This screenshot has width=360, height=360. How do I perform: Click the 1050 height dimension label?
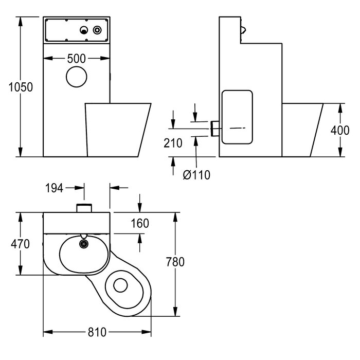coord(21,87)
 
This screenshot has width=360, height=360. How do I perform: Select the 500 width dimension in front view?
coord(76,59)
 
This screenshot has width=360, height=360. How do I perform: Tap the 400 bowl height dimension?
coord(340,130)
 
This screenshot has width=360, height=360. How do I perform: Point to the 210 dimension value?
coord(173,143)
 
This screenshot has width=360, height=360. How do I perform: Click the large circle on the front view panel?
coord(76,77)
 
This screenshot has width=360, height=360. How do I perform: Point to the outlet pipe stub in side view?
coord(215,128)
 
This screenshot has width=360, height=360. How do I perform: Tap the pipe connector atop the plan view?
coord(83,208)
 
